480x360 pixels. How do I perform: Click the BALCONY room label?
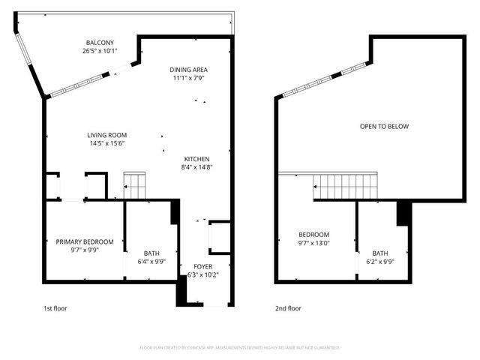99,43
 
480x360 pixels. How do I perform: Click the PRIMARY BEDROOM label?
85,241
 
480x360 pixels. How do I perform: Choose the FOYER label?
202,266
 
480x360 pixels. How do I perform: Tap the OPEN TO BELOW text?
384,127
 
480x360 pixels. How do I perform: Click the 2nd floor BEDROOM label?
313,234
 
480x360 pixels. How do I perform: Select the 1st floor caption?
55,308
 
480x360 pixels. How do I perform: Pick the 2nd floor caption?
287,308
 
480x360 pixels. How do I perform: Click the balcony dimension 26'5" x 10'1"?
99,51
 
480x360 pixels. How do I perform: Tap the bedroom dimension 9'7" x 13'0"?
313,242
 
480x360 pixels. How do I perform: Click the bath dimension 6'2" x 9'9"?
380,261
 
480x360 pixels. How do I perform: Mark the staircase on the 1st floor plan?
133,185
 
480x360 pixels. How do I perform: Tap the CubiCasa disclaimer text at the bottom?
240,348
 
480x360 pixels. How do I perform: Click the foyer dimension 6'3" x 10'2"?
202,274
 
